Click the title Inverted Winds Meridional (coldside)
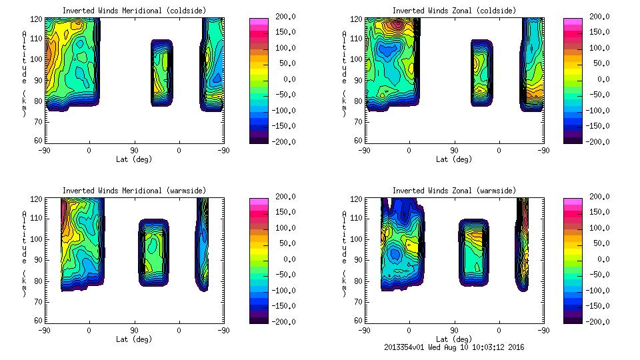(x=134, y=11)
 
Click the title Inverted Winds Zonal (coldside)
(x=454, y=11)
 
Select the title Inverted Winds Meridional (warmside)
(x=134, y=191)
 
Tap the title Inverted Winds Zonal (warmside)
(x=454, y=191)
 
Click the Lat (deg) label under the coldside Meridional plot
(x=134, y=159)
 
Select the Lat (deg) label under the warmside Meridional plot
(x=134, y=339)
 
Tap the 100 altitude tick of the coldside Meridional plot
(x=38, y=59)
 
